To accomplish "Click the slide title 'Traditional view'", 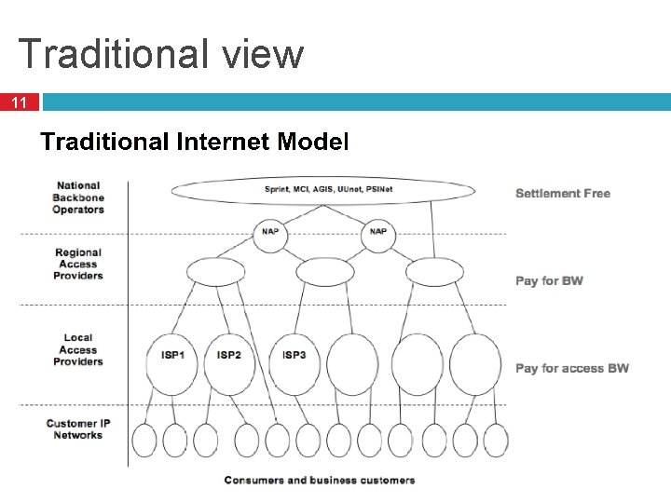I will point(160,54).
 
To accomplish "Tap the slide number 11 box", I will point(20,102).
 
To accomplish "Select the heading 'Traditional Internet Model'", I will point(194,143).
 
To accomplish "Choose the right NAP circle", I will point(377,232).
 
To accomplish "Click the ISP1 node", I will point(172,355).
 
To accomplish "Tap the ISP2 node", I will point(228,355).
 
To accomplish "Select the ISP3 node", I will point(294,355).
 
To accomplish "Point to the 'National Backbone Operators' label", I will point(79,197).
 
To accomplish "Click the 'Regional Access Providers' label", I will point(78,264).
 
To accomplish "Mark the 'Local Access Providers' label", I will point(78,349).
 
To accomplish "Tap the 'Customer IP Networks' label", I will point(78,429).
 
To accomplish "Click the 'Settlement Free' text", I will point(563,194).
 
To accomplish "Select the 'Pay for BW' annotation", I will point(549,280).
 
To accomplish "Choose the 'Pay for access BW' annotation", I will point(572,368).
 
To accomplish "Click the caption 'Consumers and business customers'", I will point(320,481).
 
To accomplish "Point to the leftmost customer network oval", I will point(144,441).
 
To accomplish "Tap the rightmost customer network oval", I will point(496,441).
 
